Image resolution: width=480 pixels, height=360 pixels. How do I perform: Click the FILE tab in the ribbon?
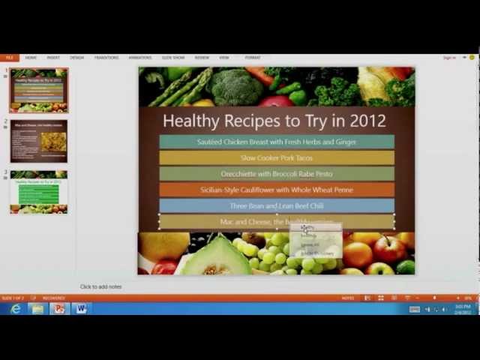(10, 57)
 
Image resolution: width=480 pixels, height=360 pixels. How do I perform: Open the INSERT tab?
(53, 57)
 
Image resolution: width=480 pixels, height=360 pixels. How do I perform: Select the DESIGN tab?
(76, 57)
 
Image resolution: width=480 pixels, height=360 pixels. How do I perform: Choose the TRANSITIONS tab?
(106, 57)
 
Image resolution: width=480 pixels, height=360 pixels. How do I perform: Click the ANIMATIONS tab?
(139, 57)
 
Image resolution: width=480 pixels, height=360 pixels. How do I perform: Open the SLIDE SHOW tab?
(173, 57)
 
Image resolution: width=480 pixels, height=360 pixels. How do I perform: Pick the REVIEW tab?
(202, 57)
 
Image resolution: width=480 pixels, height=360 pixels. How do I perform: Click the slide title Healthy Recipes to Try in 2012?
(274, 120)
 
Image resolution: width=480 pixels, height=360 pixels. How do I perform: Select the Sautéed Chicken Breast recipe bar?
(276, 142)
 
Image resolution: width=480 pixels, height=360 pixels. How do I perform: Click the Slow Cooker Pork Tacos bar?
(276, 157)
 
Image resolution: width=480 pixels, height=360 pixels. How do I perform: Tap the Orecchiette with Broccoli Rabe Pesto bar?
(276, 174)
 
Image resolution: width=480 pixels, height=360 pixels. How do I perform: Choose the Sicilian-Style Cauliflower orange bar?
(276, 190)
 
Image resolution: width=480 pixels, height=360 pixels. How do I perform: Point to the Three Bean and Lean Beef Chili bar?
(276, 205)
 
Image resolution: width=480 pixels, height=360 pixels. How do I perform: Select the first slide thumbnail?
(39, 90)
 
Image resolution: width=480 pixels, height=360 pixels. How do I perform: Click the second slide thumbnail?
(39, 141)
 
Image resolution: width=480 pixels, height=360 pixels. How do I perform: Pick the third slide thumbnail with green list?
(39, 192)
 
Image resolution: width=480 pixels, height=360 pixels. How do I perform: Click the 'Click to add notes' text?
(100, 286)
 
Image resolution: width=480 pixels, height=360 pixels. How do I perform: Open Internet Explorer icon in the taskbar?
(16, 308)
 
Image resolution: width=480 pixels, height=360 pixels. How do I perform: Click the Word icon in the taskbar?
(80, 308)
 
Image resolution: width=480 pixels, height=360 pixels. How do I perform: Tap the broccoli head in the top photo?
(234, 86)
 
